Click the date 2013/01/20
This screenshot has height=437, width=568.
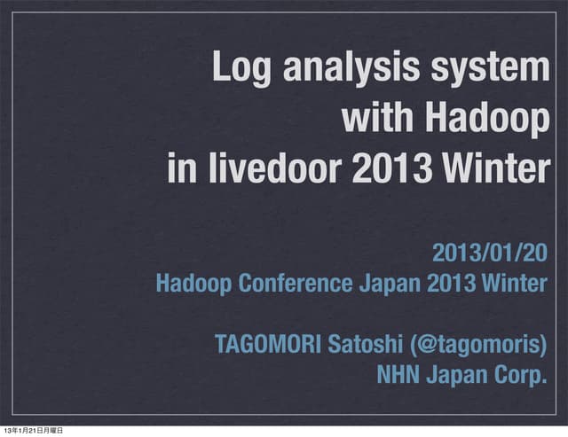tap(489, 254)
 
